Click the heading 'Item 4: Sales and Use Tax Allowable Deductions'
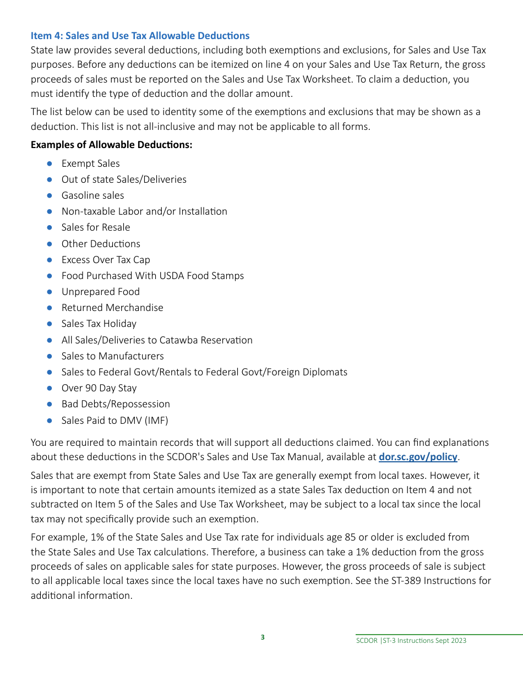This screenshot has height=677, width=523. (x=140, y=36)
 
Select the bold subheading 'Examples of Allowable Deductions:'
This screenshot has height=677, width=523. (x=111, y=145)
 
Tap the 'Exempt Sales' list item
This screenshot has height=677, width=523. (x=90, y=163)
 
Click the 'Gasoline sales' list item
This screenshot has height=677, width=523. (x=92, y=195)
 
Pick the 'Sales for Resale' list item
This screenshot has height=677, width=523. (x=96, y=227)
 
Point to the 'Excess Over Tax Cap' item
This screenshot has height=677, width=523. (x=106, y=260)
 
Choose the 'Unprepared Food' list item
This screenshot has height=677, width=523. (x=101, y=292)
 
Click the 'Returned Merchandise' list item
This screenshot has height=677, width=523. (x=112, y=308)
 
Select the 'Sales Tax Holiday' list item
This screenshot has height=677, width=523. (x=99, y=324)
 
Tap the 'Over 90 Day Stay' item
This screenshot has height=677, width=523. (x=99, y=388)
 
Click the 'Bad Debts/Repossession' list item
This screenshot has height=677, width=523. (x=116, y=404)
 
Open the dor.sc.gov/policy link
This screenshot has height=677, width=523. (x=418, y=457)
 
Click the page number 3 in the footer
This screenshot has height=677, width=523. (x=263, y=637)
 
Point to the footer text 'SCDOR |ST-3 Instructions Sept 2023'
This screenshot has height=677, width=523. (x=411, y=641)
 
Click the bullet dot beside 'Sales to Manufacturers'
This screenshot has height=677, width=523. (x=50, y=356)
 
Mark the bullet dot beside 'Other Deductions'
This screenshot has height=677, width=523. (x=50, y=244)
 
